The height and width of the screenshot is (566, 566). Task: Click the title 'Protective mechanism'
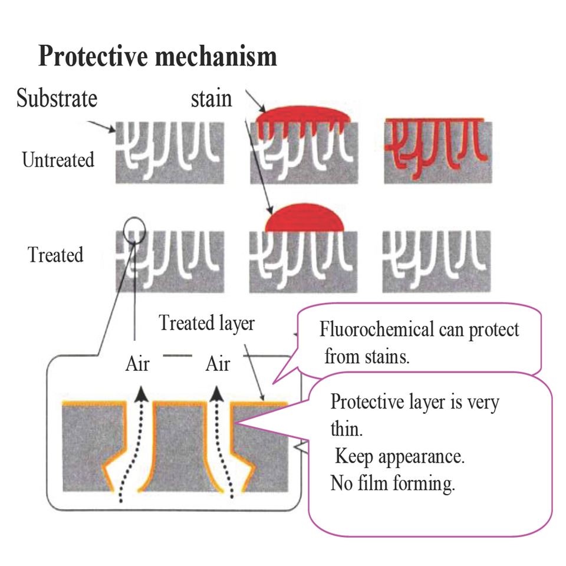[157, 57]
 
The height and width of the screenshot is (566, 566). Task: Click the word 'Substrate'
[57, 97]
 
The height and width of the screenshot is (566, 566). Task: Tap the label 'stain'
[211, 98]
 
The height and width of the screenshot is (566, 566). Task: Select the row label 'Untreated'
[58, 160]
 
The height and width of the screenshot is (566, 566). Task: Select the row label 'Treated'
[55, 255]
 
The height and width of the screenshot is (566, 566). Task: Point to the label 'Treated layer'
[206, 323]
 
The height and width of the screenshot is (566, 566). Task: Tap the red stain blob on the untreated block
[304, 115]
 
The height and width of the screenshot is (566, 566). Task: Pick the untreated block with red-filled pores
[436, 150]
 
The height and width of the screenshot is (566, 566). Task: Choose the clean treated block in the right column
[436, 262]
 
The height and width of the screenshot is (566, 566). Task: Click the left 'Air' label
[137, 364]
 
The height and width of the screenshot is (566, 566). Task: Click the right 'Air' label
[217, 364]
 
